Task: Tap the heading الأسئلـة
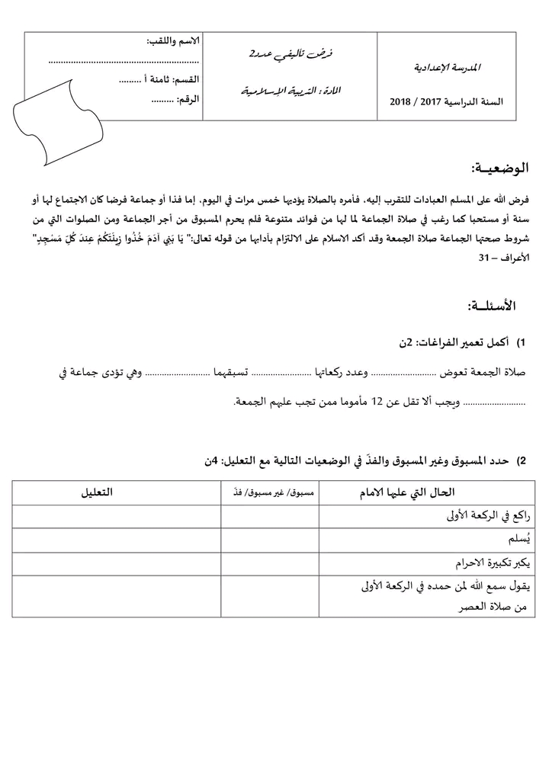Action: [x=492, y=306]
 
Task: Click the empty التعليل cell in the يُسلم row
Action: [x=116, y=540]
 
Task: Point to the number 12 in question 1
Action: [x=376, y=402]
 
